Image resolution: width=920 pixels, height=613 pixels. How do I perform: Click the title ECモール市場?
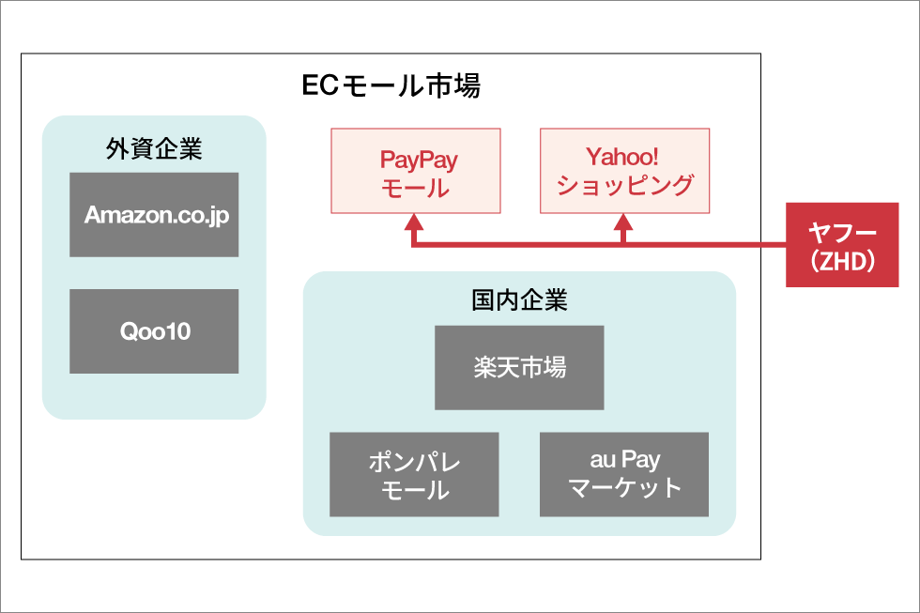pos(391,85)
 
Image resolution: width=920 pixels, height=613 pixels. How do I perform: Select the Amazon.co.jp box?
pos(154,215)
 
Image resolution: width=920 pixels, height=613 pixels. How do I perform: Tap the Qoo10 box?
pos(154,331)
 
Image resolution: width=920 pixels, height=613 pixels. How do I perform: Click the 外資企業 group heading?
pos(154,148)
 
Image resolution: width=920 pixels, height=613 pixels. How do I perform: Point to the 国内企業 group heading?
pos(519,299)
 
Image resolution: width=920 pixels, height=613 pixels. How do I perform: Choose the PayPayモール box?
pos(416,171)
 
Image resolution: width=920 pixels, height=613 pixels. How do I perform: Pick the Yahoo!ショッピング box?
pos(625,171)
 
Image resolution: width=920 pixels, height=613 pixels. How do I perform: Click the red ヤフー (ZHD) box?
pos(843,245)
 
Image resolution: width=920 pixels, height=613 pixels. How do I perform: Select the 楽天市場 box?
pos(519,368)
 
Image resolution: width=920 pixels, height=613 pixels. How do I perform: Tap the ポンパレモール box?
pos(414,475)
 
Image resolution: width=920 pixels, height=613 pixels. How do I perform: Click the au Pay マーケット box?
pos(624,475)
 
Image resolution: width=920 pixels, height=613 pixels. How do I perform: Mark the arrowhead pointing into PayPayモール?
pos(414,222)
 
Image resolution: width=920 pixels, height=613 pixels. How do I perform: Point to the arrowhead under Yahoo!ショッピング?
pos(623,222)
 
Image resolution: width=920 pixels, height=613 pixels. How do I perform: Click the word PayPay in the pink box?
pos(419,160)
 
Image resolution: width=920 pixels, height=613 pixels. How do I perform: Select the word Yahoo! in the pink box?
pos(622,157)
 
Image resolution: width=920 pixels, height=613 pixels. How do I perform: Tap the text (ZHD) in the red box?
pos(843,260)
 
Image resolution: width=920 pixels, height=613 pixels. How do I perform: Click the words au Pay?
pos(625,460)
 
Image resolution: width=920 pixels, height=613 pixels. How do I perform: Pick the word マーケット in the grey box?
pos(625,487)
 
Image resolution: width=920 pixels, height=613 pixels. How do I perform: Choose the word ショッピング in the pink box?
pos(625,185)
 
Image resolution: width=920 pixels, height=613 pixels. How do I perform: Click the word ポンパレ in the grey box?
pos(415,462)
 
